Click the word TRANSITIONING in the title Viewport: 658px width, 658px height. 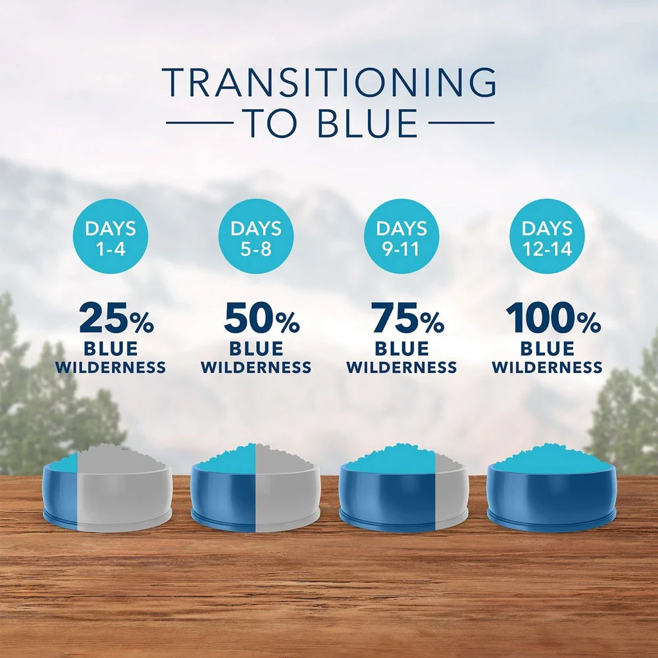(x=330, y=82)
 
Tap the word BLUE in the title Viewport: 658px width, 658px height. (x=367, y=124)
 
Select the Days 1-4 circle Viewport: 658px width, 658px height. (x=111, y=236)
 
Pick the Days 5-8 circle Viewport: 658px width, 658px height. (x=256, y=236)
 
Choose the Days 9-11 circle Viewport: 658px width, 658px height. (x=401, y=236)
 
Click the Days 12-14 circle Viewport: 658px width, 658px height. (x=547, y=236)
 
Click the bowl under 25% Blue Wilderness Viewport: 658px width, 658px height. (x=107, y=489)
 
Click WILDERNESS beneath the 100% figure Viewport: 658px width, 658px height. (x=547, y=368)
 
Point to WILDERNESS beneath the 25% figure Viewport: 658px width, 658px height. (x=111, y=368)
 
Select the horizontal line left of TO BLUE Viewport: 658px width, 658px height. (x=200, y=123)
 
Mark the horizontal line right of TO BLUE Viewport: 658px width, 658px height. (x=461, y=123)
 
